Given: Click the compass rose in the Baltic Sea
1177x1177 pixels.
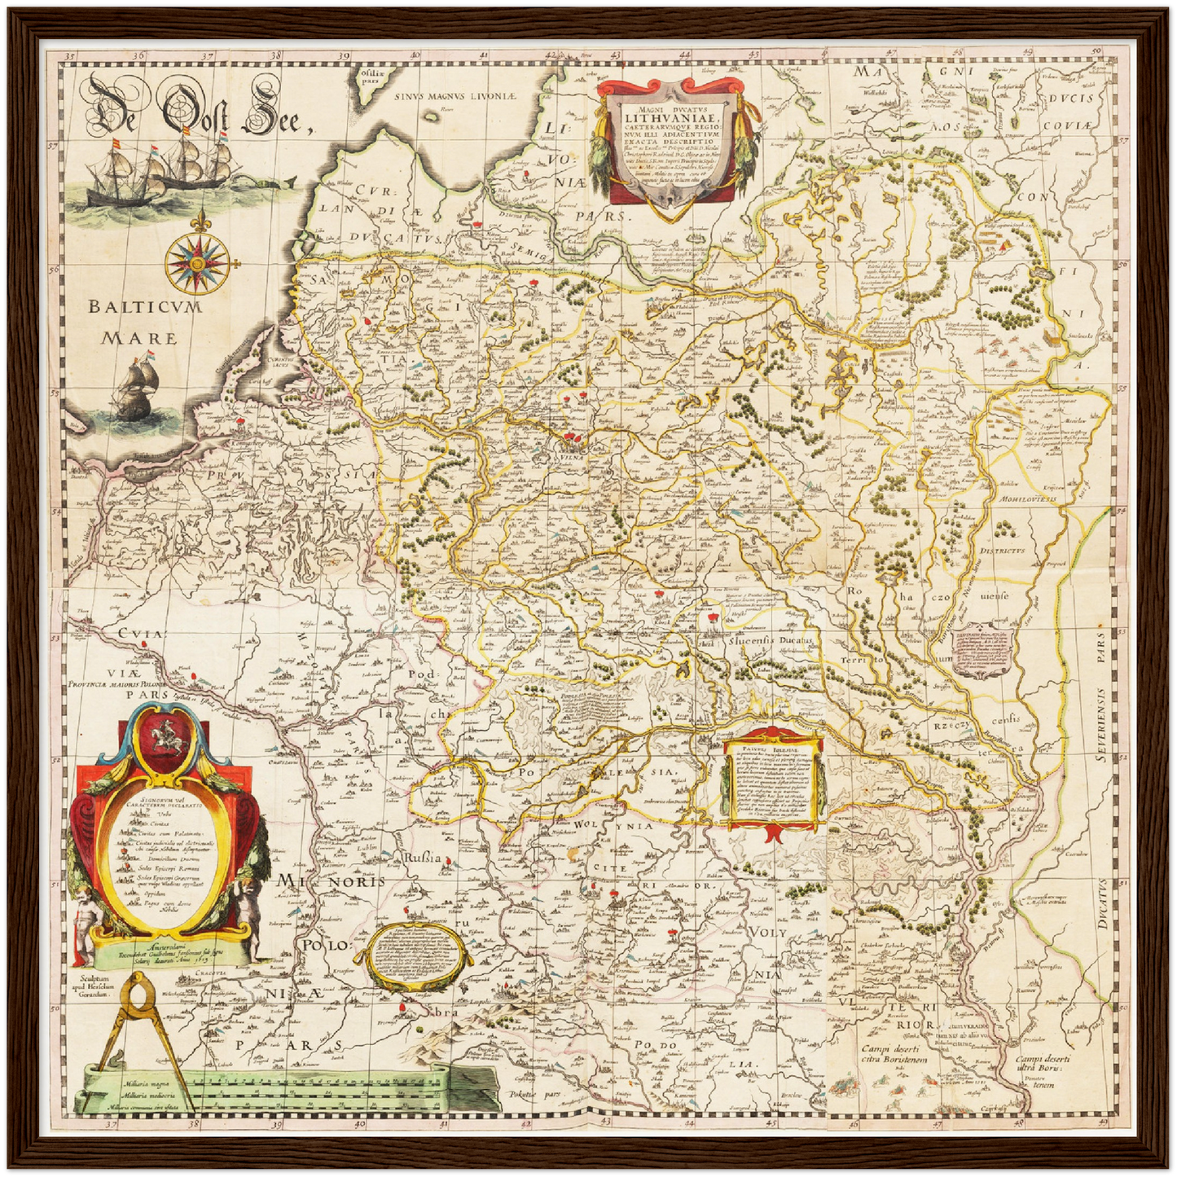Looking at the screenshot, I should point(196,263).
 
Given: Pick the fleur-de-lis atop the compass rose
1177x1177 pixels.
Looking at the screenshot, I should point(196,222).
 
